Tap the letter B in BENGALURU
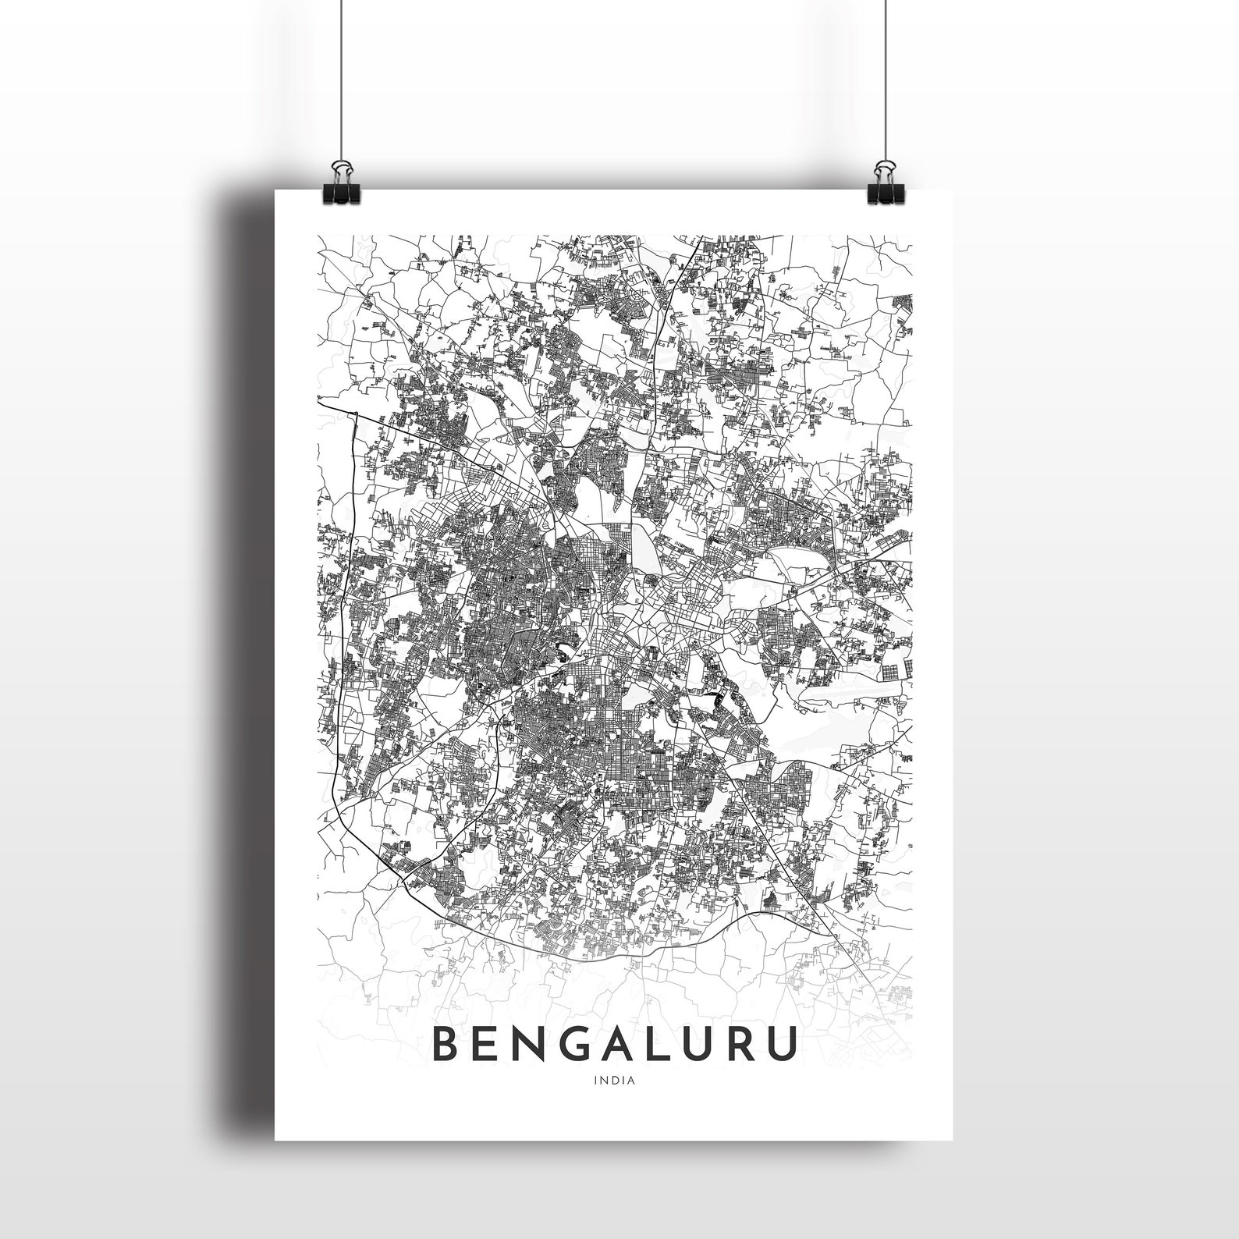tap(448, 1045)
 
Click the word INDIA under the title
tap(614, 1081)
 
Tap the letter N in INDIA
tap(603, 1081)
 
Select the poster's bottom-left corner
tap(276, 1139)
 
